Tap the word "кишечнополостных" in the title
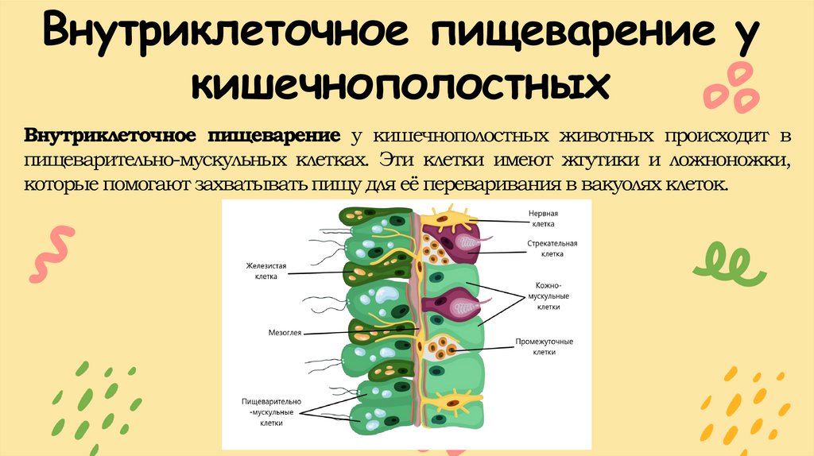pos(406,83)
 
